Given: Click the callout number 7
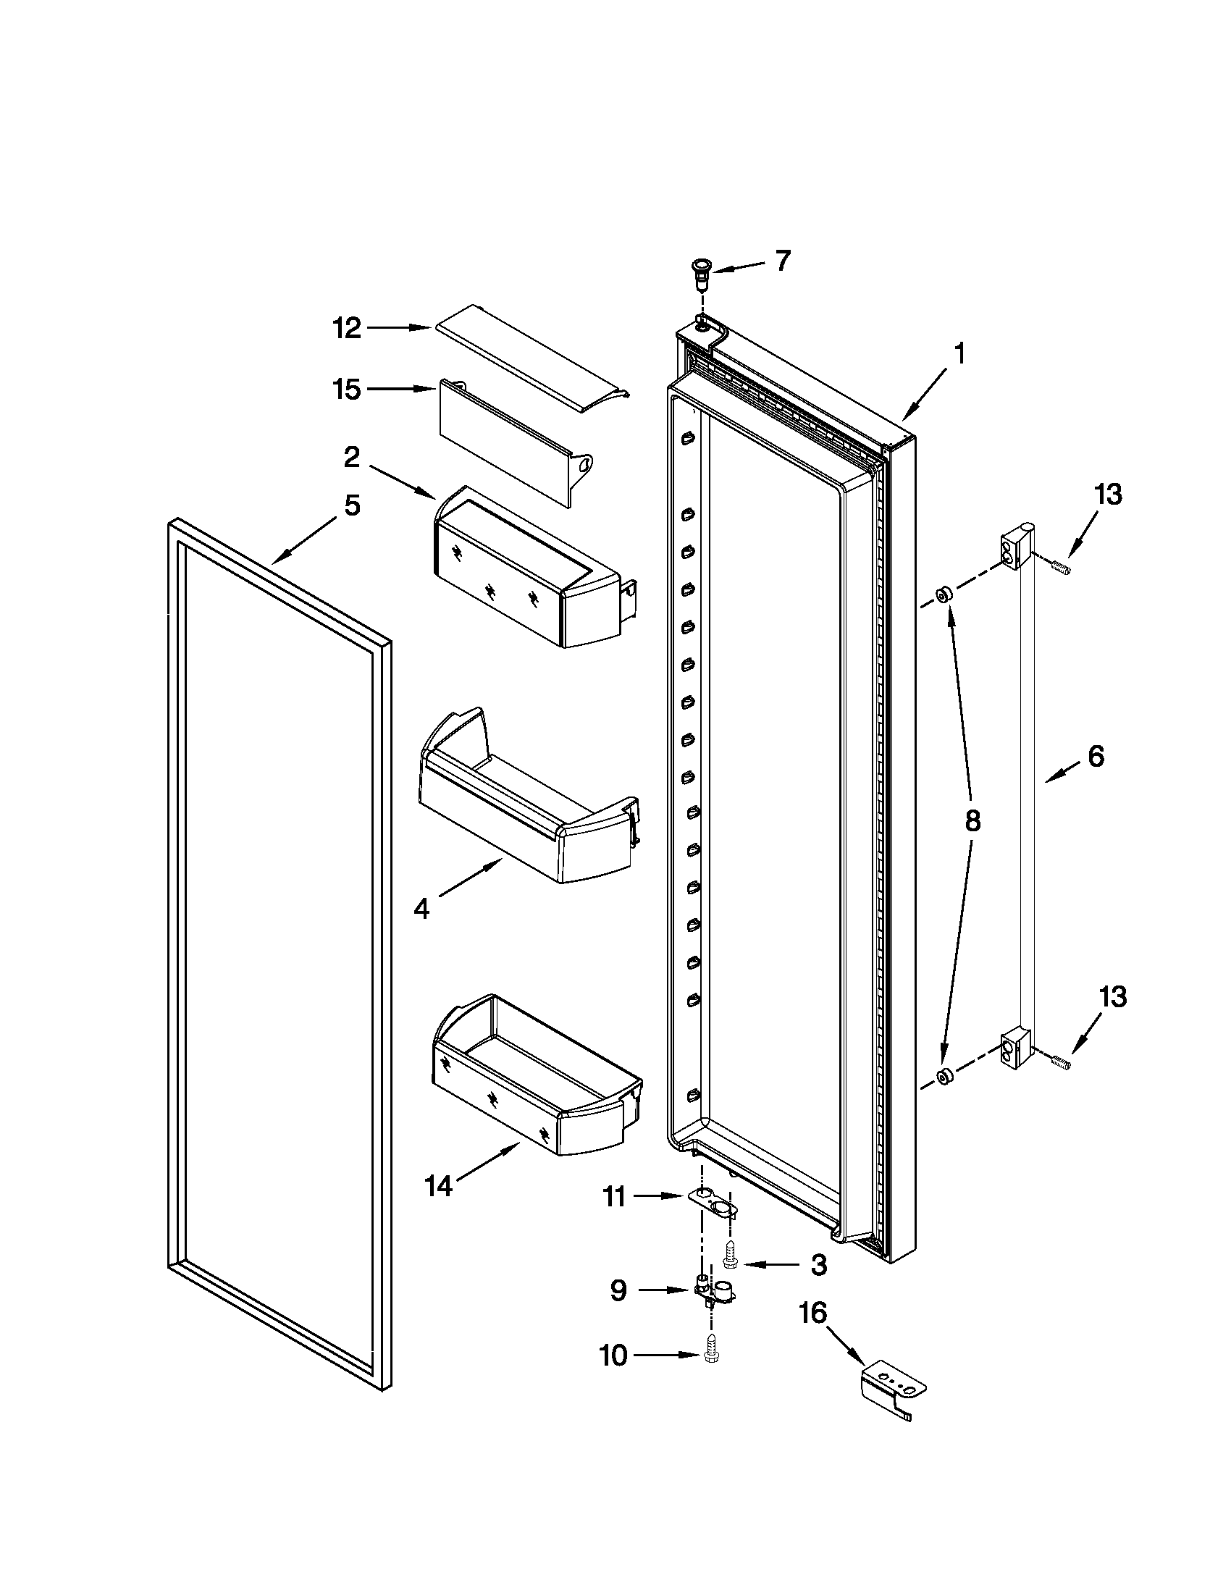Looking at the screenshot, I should coord(782,261).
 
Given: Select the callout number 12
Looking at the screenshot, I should coord(347,329).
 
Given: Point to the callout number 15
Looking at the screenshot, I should coord(347,390).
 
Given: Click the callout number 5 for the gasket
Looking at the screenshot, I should coord(352,505).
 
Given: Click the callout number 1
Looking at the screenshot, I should coord(960,355).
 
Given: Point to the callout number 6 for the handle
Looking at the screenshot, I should coord(1096,757).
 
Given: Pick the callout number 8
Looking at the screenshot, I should coord(971,822).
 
